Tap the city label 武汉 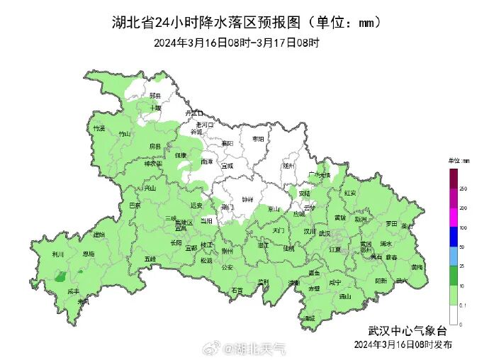[x=325, y=232]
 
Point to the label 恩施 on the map [x=89, y=253]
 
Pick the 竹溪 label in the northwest [x=99, y=128]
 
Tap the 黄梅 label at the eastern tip [x=417, y=267]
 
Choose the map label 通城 [x=308, y=318]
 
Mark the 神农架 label [x=153, y=164]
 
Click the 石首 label [x=237, y=290]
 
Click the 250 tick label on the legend [x=463, y=190]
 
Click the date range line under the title [x=237, y=43]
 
